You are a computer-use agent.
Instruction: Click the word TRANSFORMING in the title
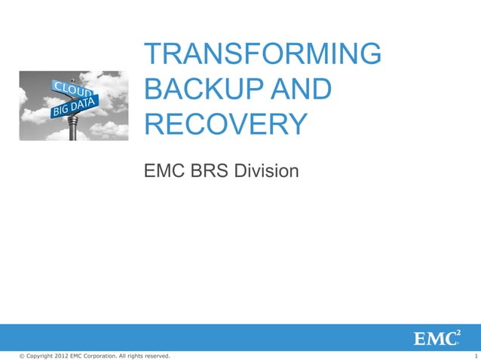click(x=263, y=55)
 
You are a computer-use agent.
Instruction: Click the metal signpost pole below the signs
click(x=73, y=130)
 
